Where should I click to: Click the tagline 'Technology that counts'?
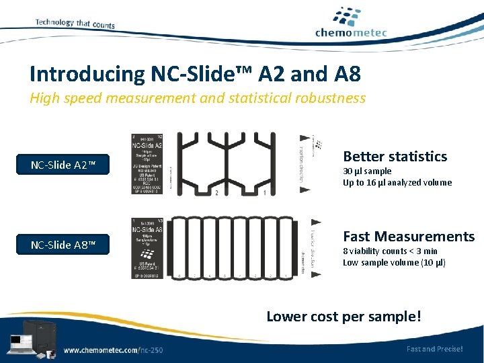[x=75, y=24]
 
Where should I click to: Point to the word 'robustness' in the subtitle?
[x=327, y=98]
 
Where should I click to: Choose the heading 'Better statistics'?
[x=395, y=157]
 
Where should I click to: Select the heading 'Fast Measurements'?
[x=409, y=237]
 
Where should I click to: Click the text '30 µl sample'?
[x=367, y=171]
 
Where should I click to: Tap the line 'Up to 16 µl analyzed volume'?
[x=397, y=182]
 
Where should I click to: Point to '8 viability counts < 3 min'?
[x=390, y=251]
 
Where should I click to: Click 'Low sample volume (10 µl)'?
[x=394, y=262]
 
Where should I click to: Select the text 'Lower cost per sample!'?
[x=344, y=316]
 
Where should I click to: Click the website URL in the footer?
[x=113, y=350]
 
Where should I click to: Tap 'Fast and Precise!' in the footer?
[x=434, y=349]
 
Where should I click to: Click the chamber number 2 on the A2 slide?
[x=216, y=193]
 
